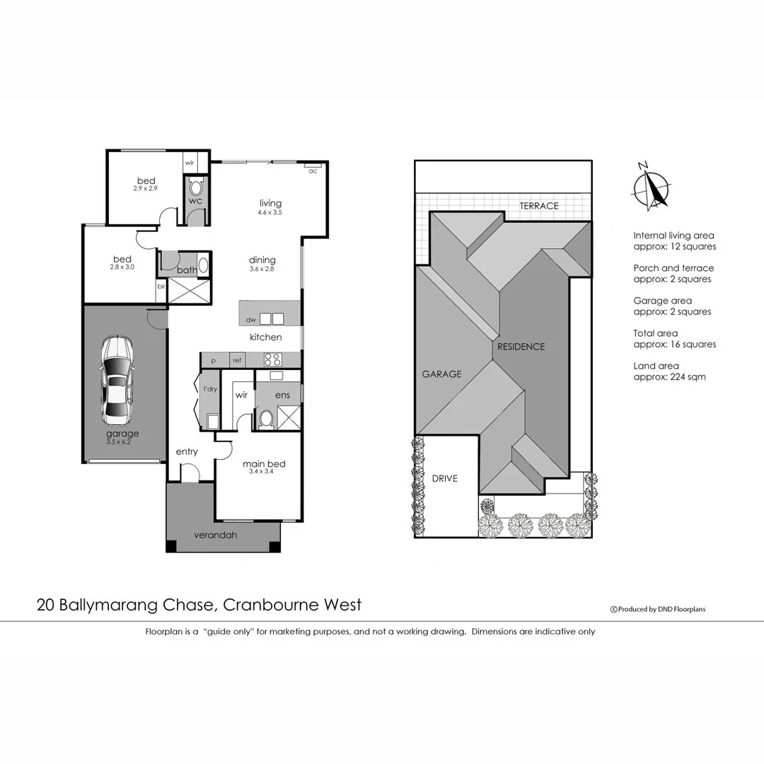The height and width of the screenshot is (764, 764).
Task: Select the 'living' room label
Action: pyautogui.click(x=270, y=203)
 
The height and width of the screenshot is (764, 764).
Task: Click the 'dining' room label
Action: pyautogui.click(x=262, y=260)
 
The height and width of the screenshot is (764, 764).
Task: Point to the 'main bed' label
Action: pyautogui.click(x=263, y=464)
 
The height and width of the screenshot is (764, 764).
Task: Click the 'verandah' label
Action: pyautogui.click(x=216, y=535)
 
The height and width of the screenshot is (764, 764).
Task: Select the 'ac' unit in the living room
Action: pyautogui.click(x=312, y=168)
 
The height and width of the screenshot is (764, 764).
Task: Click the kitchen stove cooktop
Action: pyautogui.click(x=272, y=359)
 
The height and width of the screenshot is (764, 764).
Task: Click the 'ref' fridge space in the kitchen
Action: pyautogui.click(x=237, y=361)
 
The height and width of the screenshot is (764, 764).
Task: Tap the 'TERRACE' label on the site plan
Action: pyautogui.click(x=539, y=206)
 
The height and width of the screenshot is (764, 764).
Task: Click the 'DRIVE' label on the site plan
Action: pyautogui.click(x=444, y=478)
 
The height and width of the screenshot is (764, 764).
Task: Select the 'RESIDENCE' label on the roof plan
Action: pyautogui.click(x=521, y=347)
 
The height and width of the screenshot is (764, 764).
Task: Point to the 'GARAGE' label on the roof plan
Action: pyautogui.click(x=441, y=374)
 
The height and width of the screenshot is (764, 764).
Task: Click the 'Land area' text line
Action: pyautogui.click(x=656, y=366)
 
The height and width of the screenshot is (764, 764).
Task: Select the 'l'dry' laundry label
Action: pyautogui.click(x=209, y=390)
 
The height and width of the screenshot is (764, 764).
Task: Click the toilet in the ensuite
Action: pyautogui.click(x=266, y=419)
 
